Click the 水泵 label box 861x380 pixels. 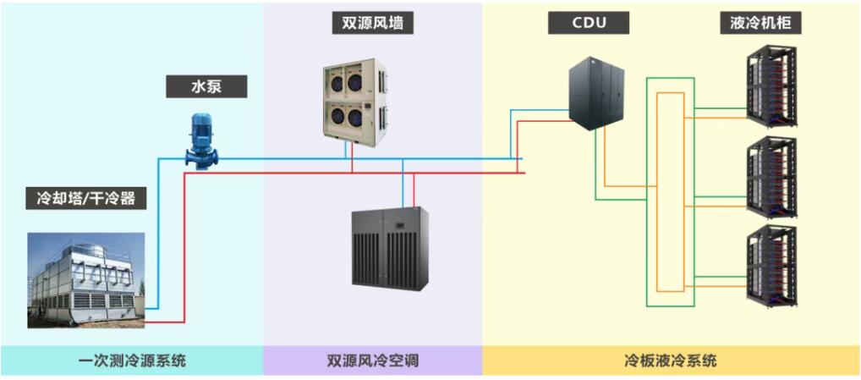206,86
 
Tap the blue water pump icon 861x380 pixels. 201,142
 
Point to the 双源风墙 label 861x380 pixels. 372,23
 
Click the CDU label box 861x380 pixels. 589,23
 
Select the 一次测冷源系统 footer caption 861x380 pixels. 132,361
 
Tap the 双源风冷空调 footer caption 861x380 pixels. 372,361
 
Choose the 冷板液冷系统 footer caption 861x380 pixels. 670,361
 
